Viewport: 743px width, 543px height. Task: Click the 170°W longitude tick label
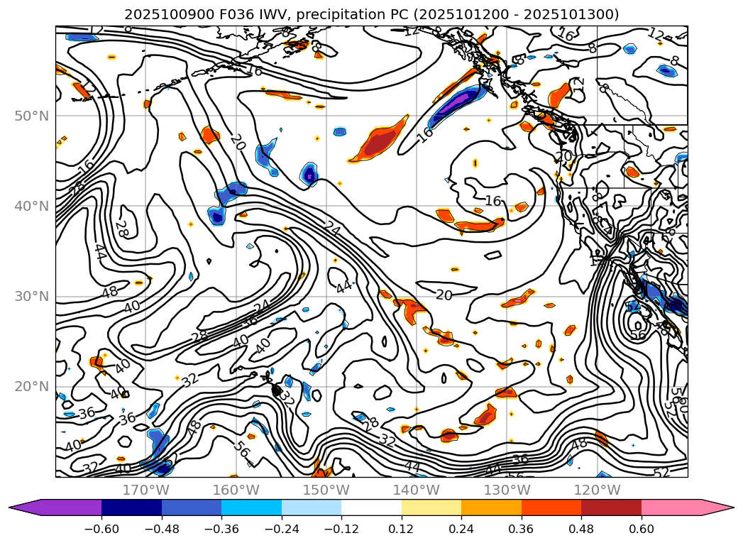pyautogui.click(x=145, y=490)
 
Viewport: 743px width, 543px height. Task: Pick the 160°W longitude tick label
pyautogui.click(x=236, y=490)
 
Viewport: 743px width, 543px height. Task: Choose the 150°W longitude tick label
pyautogui.click(x=326, y=490)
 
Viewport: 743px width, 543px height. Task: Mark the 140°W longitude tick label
pyautogui.click(x=417, y=490)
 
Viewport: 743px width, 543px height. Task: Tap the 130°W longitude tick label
pyautogui.click(x=507, y=490)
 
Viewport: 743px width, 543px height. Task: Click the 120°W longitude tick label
pyautogui.click(x=597, y=490)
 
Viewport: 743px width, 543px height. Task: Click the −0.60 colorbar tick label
pyautogui.click(x=101, y=528)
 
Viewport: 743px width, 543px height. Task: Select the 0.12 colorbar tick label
pyautogui.click(x=402, y=528)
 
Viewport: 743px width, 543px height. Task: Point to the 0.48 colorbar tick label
pyautogui.click(x=581, y=528)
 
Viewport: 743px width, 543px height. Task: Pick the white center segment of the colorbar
pyautogui.click(x=371, y=508)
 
